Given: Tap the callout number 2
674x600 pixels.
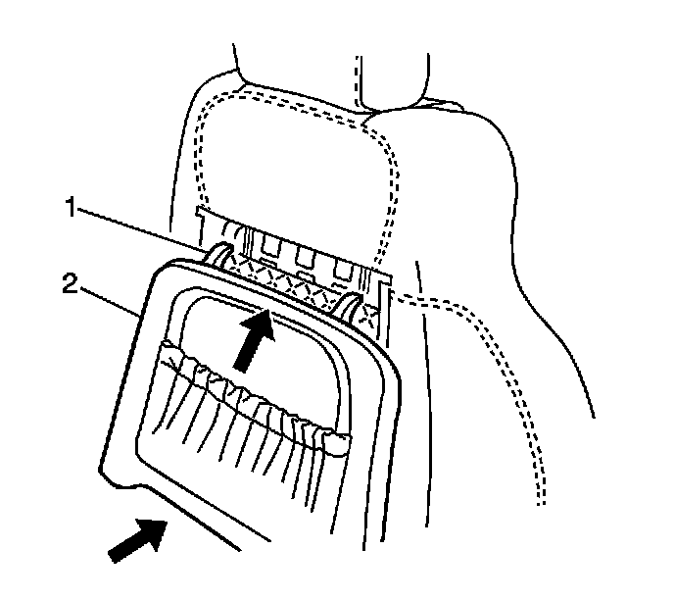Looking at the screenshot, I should click(x=69, y=286).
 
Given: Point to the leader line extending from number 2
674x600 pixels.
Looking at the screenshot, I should click(x=108, y=300).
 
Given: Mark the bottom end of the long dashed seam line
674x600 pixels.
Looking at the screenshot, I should click(x=540, y=504).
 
